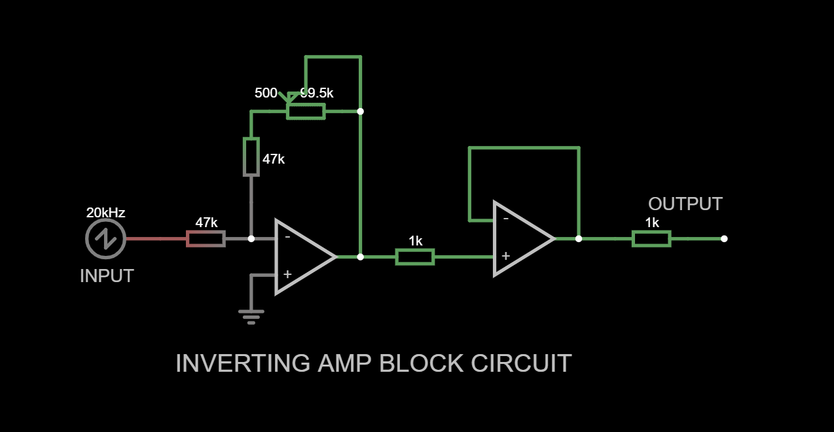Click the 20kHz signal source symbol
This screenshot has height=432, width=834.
tap(105, 239)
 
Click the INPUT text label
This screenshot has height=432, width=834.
tap(107, 276)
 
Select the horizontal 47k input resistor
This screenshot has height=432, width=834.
tap(206, 239)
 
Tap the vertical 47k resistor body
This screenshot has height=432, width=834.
tap(251, 157)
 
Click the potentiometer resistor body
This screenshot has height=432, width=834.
tap(306, 111)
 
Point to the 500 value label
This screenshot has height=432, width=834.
tap(266, 93)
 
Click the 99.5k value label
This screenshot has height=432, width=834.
tap(317, 93)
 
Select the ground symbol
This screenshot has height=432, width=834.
tap(251, 316)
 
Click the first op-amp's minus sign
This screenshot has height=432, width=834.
tap(287, 237)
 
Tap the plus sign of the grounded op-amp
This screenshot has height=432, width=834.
tap(287, 274)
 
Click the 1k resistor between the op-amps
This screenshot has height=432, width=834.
tap(415, 257)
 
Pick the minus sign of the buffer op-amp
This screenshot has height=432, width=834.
tap(505, 218)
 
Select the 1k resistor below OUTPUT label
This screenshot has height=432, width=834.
tap(651, 239)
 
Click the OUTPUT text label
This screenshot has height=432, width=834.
tap(685, 204)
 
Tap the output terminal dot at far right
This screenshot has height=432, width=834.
tap(724, 239)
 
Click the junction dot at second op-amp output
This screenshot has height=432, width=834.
tap(579, 239)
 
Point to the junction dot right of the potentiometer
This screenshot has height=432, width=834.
tap(360, 111)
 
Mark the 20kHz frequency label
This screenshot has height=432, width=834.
tap(105, 213)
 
